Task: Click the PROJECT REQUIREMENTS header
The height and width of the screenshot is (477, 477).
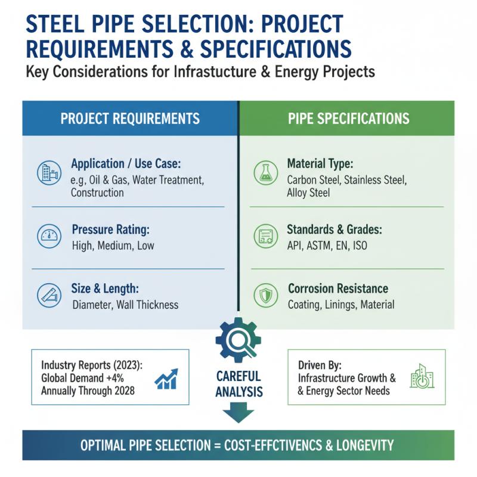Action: [x=130, y=118]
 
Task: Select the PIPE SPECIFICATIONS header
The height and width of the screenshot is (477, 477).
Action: [x=349, y=118]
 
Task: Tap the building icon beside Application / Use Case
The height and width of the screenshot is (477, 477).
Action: [x=48, y=172]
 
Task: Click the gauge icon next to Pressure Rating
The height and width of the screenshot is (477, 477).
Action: [x=48, y=236]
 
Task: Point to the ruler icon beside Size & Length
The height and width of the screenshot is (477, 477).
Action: [x=48, y=296]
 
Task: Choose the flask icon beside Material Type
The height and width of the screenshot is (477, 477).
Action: [x=265, y=172]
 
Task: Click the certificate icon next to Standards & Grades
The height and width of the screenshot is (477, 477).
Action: [x=265, y=236]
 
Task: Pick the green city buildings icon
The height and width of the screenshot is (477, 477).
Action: [x=422, y=376]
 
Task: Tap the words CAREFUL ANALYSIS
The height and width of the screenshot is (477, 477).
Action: [x=238, y=384]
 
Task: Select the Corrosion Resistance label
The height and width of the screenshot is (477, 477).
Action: [x=338, y=289]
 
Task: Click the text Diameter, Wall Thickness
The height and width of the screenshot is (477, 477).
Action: [x=125, y=305]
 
